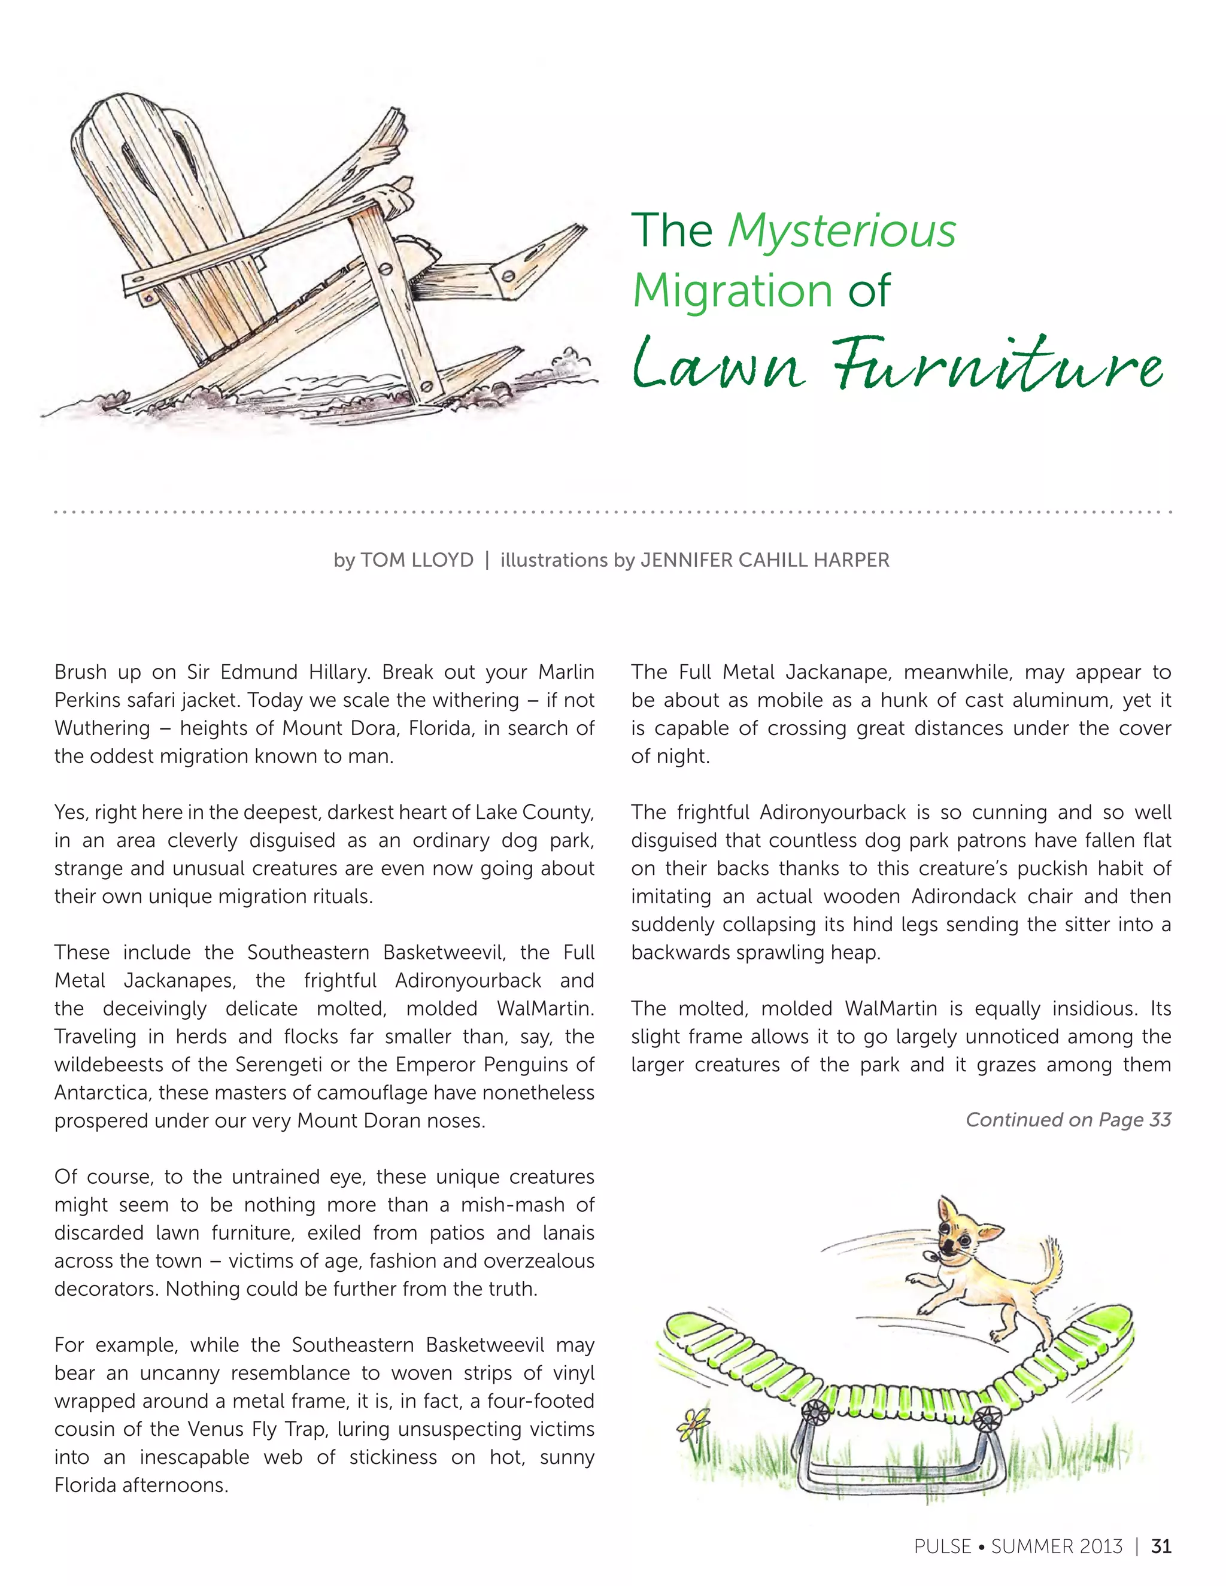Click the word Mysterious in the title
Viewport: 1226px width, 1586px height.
click(842, 231)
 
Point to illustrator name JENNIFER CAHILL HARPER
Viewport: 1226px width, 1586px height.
click(765, 560)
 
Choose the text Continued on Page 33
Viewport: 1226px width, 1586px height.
click(1068, 1119)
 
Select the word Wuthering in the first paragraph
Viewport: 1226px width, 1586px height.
click(102, 728)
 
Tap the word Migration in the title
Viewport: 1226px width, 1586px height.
click(732, 290)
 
